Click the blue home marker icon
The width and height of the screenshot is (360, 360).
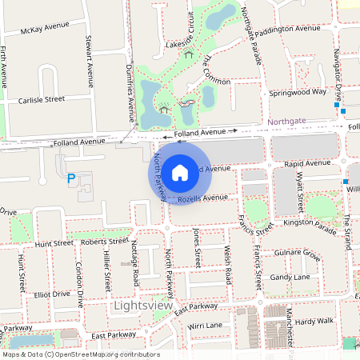pyautogui.click(x=180, y=171)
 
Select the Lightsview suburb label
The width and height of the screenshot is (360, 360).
pyautogui.click(x=143, y=306)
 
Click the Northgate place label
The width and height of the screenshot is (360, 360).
pyautogui.click(x=287, y=122)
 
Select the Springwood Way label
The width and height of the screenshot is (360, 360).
pyautogui.click(x=298, y=92)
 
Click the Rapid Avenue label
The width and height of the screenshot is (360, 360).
pyautogui.click(x=307, y=163)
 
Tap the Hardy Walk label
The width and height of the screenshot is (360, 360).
pyautogui.click(x=314, y=322)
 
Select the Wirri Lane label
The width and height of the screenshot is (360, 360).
pyautogui.click(x=205, y=326)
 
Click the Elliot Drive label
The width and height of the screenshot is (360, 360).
pyautogui.click(x=50, y=294)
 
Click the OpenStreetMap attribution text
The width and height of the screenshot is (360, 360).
pyautogui.click(x=79, y=354)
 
